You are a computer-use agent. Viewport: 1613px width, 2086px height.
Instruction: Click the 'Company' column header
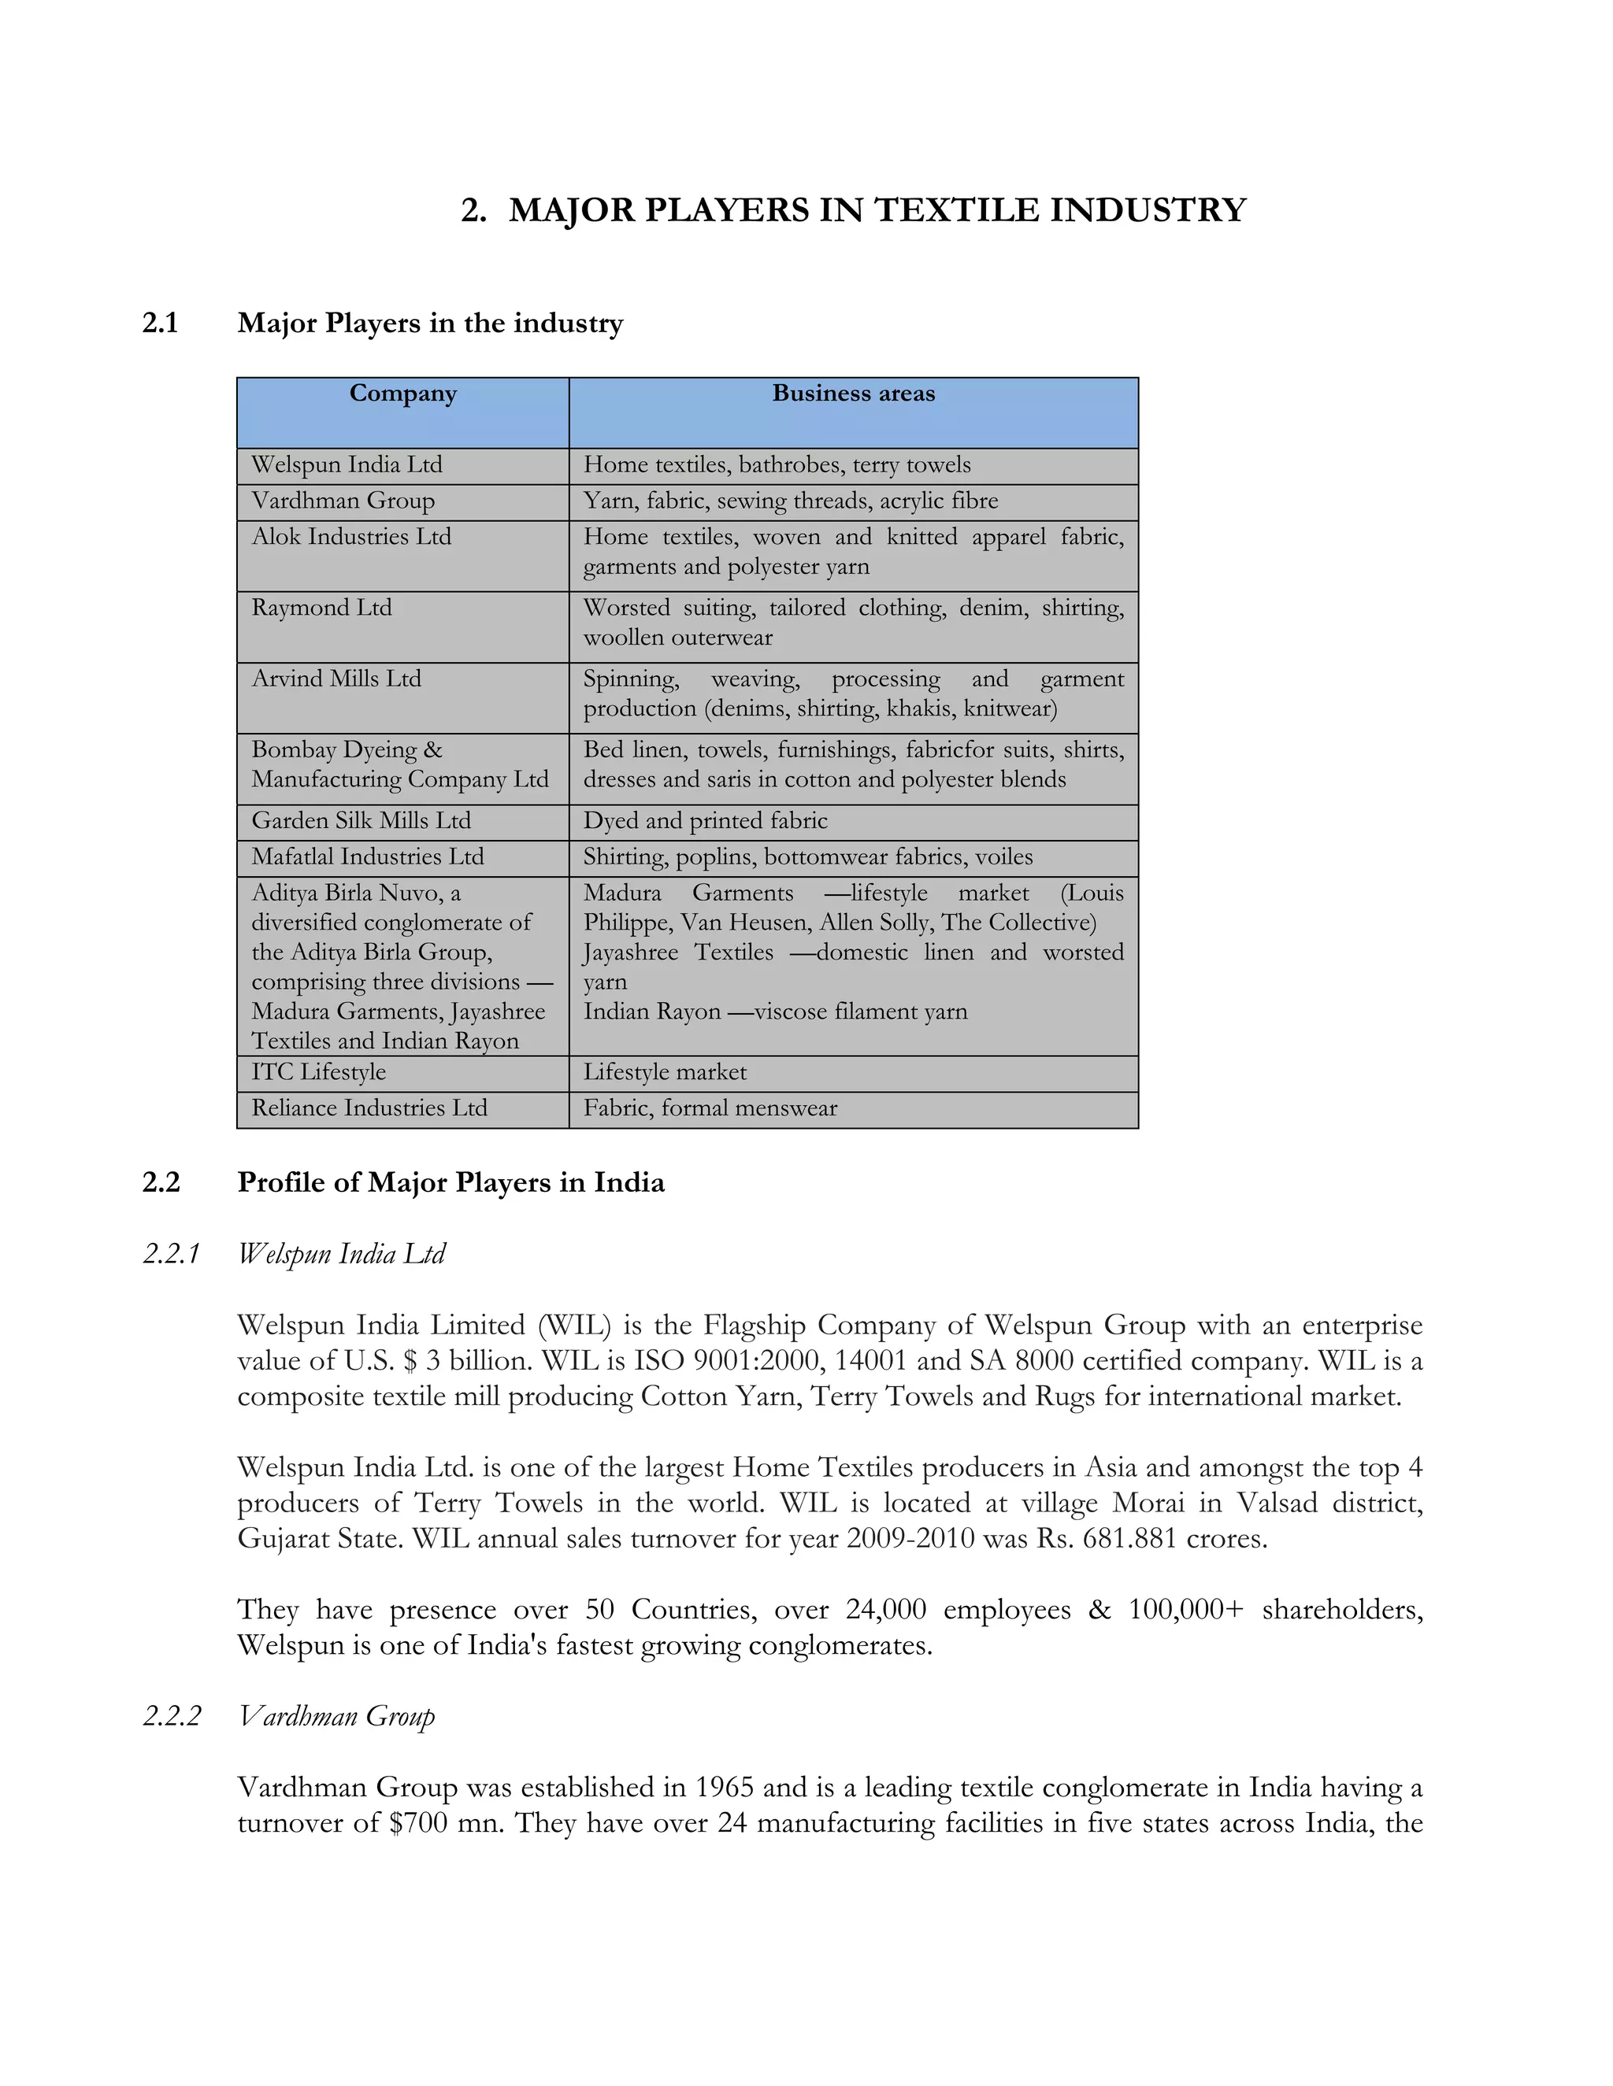tap(402, 394)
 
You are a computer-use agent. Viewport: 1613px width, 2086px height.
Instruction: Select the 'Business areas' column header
tap(853, 394)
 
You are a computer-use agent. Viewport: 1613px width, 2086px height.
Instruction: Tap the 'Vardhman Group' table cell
tap(343, 501)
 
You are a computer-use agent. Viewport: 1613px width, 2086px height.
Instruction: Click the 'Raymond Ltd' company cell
tap(322, 608)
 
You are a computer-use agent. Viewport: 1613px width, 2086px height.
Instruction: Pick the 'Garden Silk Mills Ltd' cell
tap(362, 820)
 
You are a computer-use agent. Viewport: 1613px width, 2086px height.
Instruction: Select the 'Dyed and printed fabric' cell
tap(705, 820)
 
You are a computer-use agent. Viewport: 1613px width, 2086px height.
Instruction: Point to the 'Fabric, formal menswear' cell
tap(710, 1108)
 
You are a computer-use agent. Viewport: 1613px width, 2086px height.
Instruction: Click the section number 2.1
tap(161, 323)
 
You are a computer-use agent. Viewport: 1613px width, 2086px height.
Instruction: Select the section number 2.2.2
tap(172, 1716)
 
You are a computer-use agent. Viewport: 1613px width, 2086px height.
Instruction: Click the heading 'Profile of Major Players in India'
tap(451, 1182)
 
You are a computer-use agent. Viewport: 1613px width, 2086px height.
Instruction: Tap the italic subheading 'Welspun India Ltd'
tap(342, 1253)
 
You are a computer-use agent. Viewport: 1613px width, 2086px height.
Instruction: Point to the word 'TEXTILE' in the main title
tap(958, 210)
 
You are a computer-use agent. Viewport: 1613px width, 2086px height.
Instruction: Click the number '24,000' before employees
tap(886, 1610)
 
